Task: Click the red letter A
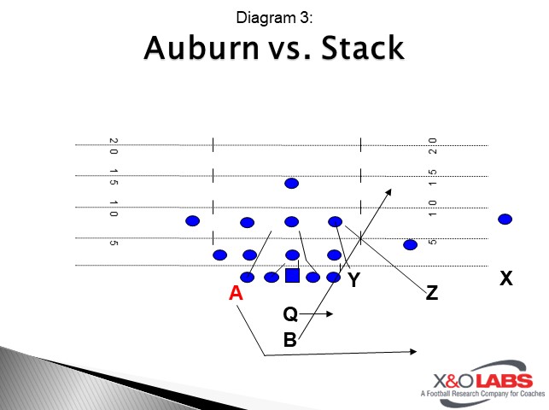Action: (237, 293)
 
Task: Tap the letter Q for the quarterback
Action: (290, 315)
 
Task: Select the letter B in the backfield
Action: (290, 340)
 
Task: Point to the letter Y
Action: (353, 279)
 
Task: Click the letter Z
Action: (431, 293)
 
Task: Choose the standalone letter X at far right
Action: (506, 278)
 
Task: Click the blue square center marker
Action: (292, 275)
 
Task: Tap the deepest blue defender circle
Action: (292, 184)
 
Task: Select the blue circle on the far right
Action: (505, 219)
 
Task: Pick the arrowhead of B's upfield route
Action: (390, 190)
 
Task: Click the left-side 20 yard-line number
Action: (114, 146)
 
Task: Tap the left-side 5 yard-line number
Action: (114, 243)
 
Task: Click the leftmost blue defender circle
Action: (193, 220)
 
